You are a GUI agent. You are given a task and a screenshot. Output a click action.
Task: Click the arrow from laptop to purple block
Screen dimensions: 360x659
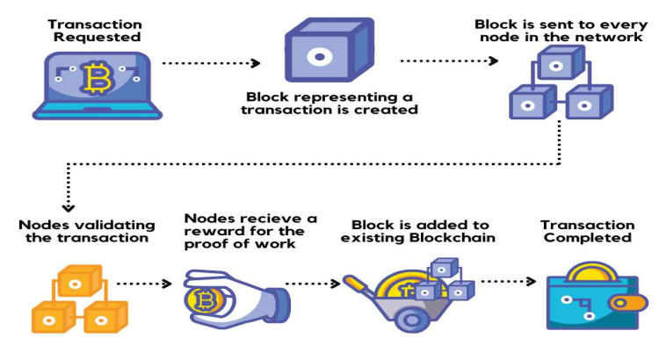(214, 62)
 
